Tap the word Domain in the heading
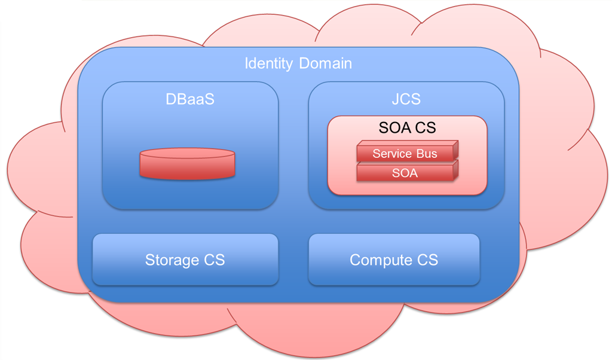[x=325, y=63]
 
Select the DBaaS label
[x=189, y=99]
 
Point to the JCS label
[x=406, y=99]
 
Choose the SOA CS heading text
[x=407, y=127]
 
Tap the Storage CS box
[x=185, y=260]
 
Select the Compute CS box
[x=394, y=260]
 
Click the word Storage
[x=172, y=260]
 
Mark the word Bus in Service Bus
[x=426, y=154]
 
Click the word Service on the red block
[x=392, y=154]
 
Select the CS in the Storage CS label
[x=213, y=260]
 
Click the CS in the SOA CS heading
[x=424, y=127]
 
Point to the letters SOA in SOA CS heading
[x=394, y=127]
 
